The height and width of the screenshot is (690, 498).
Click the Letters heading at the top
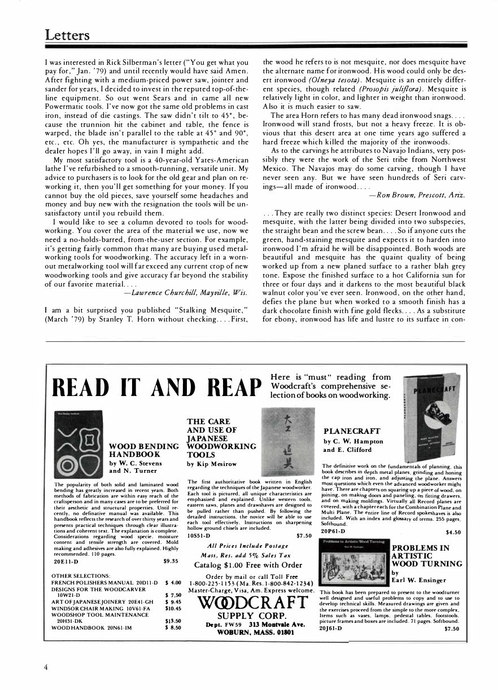point(67,35)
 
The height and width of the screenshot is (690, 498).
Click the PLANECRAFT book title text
point(352,431)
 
